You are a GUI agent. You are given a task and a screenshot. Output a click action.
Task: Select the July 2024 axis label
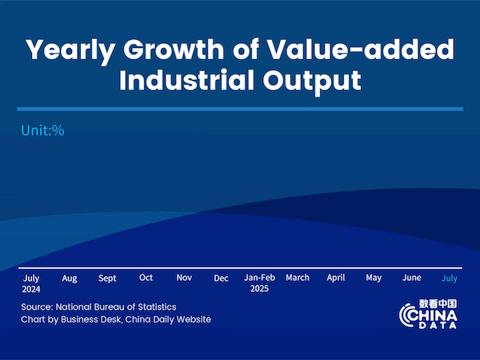pos(31,283)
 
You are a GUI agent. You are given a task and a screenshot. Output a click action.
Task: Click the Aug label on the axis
pos(70,278)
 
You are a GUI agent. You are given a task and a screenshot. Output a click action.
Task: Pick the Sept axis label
pos(107,278)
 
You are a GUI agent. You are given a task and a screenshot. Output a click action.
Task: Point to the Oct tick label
pos(146,278)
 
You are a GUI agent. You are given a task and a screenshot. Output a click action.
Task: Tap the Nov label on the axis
pos(184,278)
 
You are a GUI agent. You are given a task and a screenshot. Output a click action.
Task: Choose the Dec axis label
pos(221,278)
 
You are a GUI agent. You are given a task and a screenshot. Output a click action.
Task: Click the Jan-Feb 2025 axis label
pos(259,283)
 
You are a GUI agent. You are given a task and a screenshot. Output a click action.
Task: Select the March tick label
pos(298,278)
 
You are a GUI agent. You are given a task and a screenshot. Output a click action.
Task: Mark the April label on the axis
pos(336,278)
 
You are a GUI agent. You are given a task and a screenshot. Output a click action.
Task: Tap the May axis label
pos(374,278)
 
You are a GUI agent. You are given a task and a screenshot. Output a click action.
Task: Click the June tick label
pos(411,278)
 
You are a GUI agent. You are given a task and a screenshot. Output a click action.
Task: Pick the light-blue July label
pos(450,278)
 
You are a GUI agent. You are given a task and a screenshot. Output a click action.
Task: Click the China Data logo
pos(428,314)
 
